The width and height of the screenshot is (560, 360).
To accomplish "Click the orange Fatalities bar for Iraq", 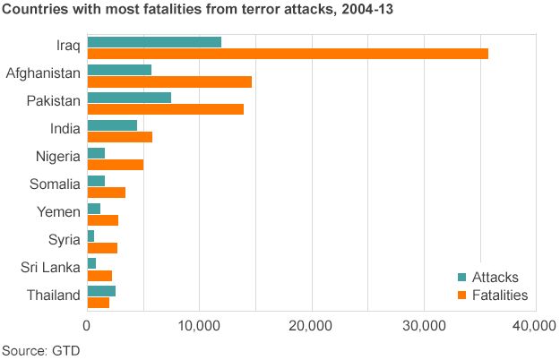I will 287,54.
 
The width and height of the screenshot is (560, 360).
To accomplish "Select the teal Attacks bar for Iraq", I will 154,42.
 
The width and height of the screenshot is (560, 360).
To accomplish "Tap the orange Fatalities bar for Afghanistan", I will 169,81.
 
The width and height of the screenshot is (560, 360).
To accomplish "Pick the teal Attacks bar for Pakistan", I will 129,98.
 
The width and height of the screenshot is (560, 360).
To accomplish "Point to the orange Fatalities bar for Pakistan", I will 165,109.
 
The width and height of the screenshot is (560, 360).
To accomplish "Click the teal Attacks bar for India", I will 112,125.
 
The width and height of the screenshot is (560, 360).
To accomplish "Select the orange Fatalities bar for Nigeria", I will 115,164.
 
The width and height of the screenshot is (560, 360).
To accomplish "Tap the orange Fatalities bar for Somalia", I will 106,192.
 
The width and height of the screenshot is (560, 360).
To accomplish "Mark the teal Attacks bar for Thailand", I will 101,291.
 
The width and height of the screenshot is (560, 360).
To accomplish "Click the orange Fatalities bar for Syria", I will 102,247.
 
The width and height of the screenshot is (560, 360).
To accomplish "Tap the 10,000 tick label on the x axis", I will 199,327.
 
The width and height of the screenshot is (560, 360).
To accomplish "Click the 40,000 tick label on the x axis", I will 535,327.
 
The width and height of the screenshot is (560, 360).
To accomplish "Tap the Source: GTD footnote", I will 40,348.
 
